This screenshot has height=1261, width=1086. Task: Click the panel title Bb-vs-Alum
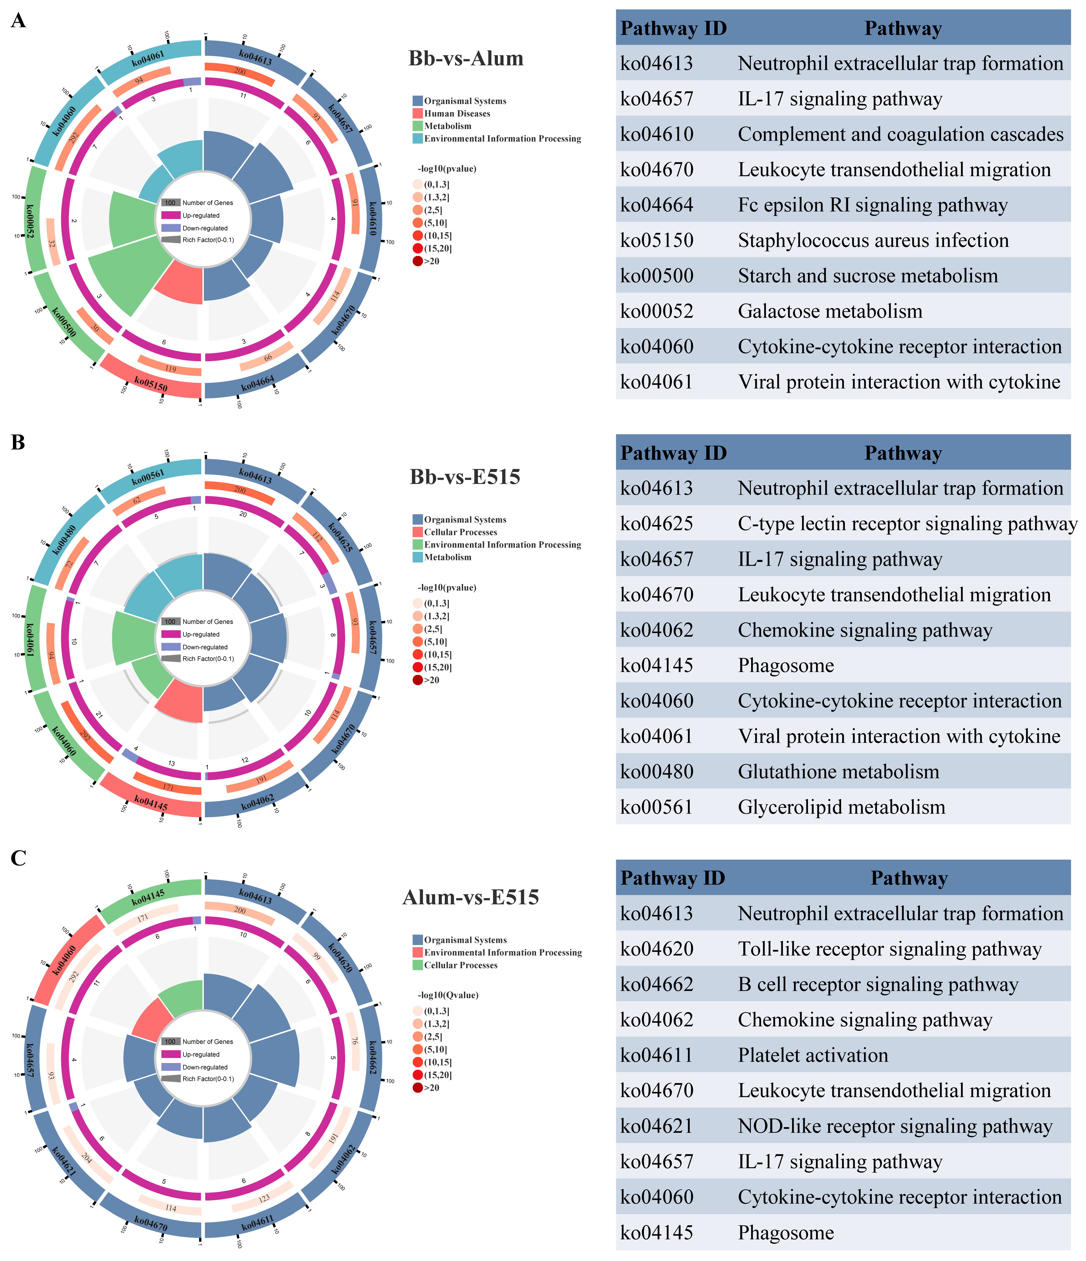tap(466, 58)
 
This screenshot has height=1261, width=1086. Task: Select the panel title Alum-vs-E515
tap(471, 897)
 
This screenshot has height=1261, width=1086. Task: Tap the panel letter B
tap(18, 442)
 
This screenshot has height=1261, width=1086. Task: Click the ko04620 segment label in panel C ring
tap(340, 957)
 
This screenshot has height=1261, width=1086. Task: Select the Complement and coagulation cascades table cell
tap(900, 134)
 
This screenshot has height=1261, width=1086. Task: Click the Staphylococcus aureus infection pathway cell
tap(873, 240)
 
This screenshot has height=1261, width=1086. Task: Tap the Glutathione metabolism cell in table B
tap(838, 772)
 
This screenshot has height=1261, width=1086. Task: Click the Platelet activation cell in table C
tap(813, 1055)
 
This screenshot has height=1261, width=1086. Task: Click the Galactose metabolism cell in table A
tap(830, 311)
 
